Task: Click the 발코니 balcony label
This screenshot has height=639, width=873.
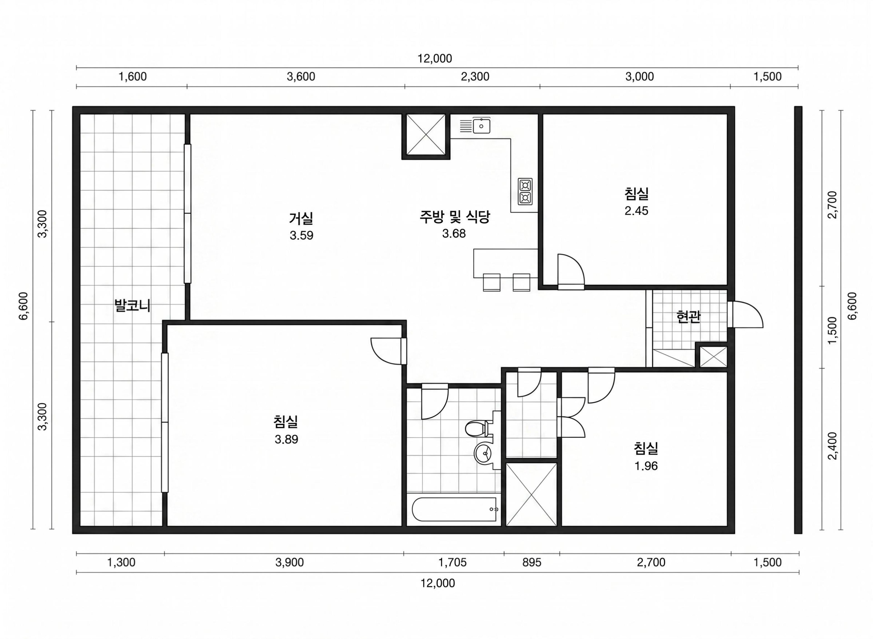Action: [x=132, y=306]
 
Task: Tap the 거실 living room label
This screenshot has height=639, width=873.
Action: [x=301, y=218]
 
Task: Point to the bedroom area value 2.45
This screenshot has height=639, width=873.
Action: [x=636, y=211]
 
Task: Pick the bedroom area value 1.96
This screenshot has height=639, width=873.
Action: [x=646, y=466]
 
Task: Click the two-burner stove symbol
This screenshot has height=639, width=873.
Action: [x=525, y=191]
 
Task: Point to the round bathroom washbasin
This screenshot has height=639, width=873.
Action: [x=484, y=453]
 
